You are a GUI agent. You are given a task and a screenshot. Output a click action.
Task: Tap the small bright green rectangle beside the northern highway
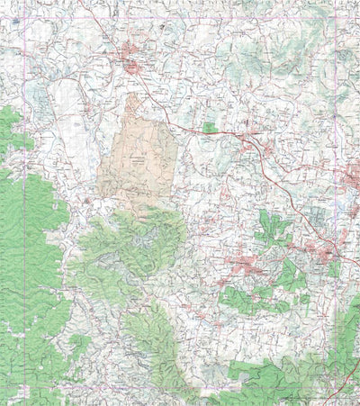pos(210,128)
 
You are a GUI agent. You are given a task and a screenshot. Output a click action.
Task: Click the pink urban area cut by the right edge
pos(352,177)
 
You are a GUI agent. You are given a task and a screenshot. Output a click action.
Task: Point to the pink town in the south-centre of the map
pos(245,265)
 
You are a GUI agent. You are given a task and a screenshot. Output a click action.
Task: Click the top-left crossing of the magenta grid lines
pos(24,19)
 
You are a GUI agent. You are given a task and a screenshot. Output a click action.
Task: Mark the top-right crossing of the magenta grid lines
pos(335,19)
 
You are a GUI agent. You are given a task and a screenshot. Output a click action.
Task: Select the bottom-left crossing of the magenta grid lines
pos(24,387)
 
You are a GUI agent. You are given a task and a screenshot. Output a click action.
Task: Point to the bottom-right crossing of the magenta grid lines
pos(335,387)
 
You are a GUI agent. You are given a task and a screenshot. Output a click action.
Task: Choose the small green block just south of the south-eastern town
pos(334,269)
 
